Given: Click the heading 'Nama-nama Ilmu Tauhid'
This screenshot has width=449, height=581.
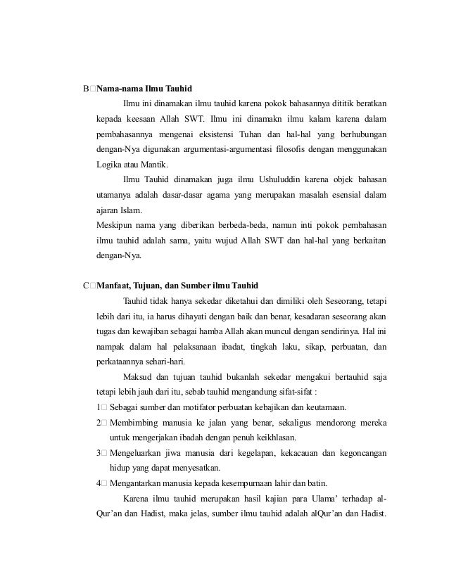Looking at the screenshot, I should [x=145, y=89].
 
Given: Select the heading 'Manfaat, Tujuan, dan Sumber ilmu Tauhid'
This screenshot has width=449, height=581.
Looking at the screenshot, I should [x=179, y=286].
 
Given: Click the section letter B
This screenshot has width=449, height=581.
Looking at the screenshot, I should [x=86, y=89].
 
